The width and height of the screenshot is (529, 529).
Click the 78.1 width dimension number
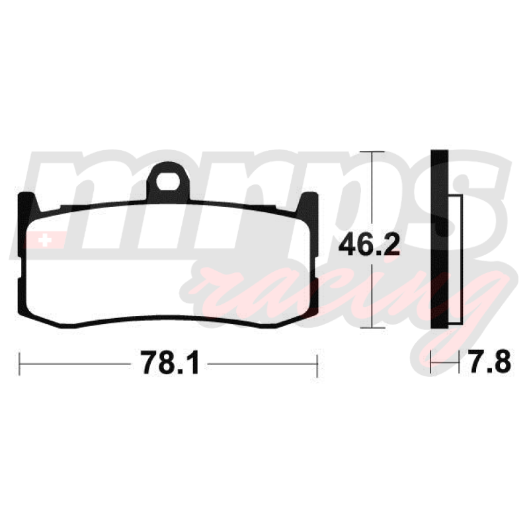point(170,362)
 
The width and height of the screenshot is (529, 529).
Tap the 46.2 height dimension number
point(369,244)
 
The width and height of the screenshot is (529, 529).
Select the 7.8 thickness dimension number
point(489,361)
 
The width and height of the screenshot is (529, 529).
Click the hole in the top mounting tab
point(168,181)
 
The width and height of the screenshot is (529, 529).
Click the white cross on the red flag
point(44,241)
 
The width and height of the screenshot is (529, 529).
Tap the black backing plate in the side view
point(440,239)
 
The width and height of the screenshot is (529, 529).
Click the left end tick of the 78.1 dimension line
point(20,364)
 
